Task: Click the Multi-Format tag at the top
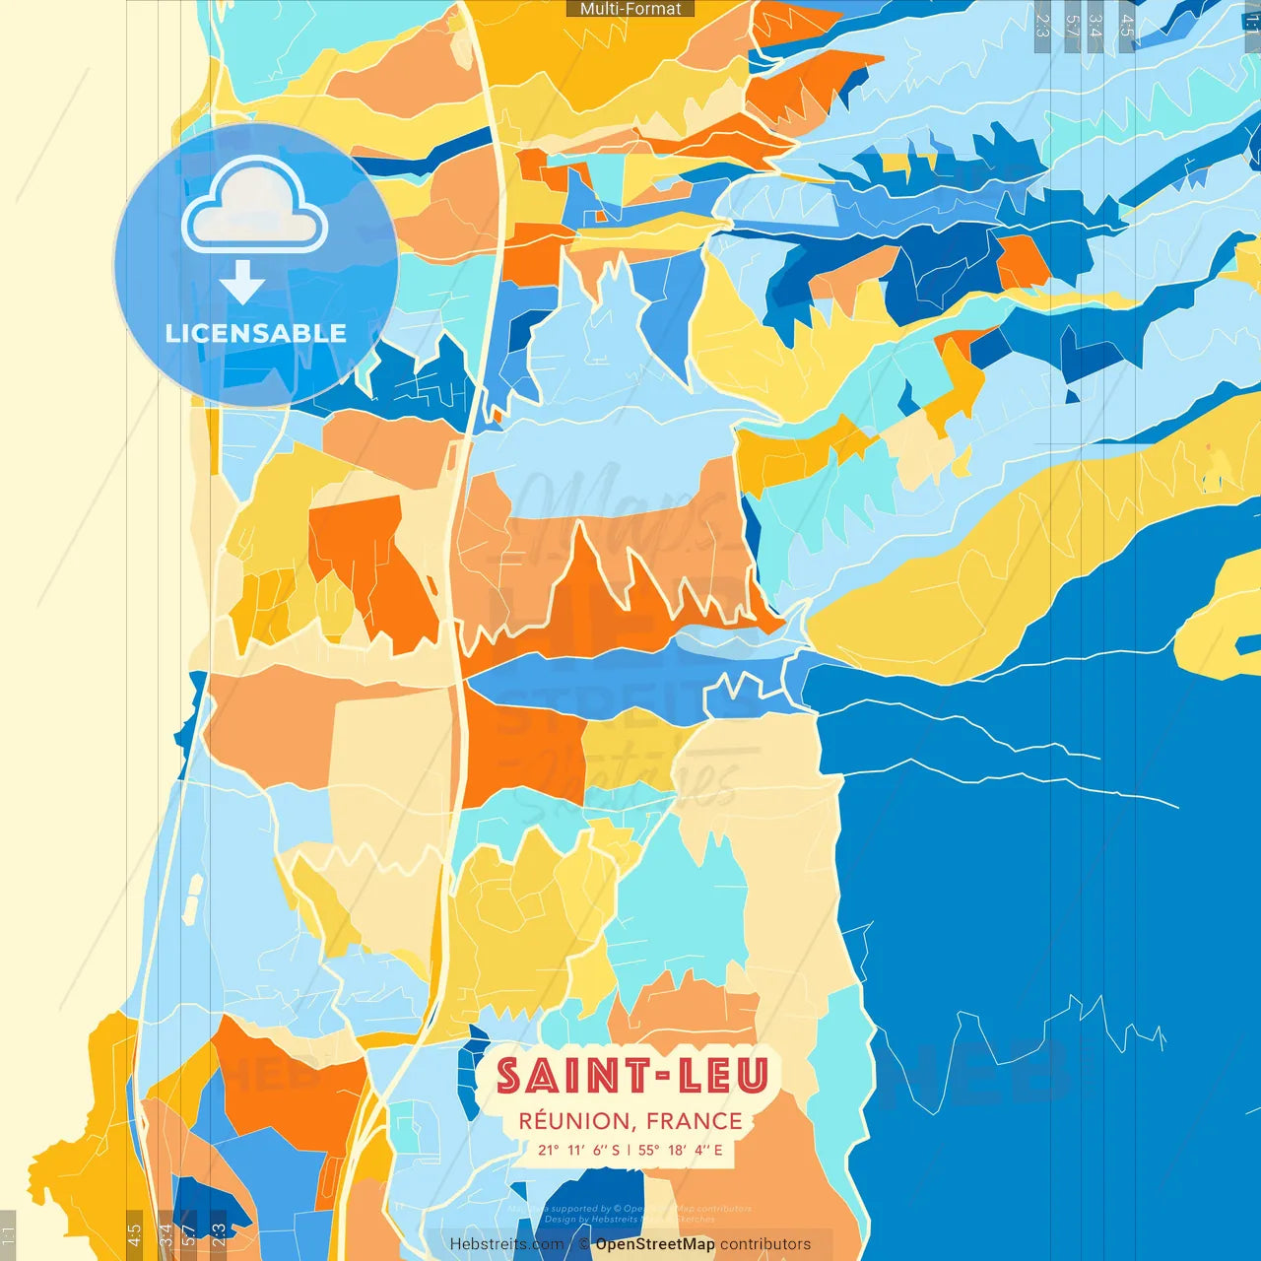point(630,9)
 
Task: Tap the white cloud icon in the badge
point(254,207)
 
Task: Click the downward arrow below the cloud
point(242,284)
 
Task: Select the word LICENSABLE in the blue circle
point(256,334)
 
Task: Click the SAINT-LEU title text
point(631,1076)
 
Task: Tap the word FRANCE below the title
point(695,1121)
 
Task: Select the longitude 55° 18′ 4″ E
point(681,1150)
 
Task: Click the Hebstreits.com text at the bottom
point(506,1244)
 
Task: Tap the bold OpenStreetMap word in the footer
point(655,1244)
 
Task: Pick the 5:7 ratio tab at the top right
point(1072,26)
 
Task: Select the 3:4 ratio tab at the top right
point(1095,26)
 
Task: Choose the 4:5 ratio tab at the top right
point(1127,26)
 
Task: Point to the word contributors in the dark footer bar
point(765,1244)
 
